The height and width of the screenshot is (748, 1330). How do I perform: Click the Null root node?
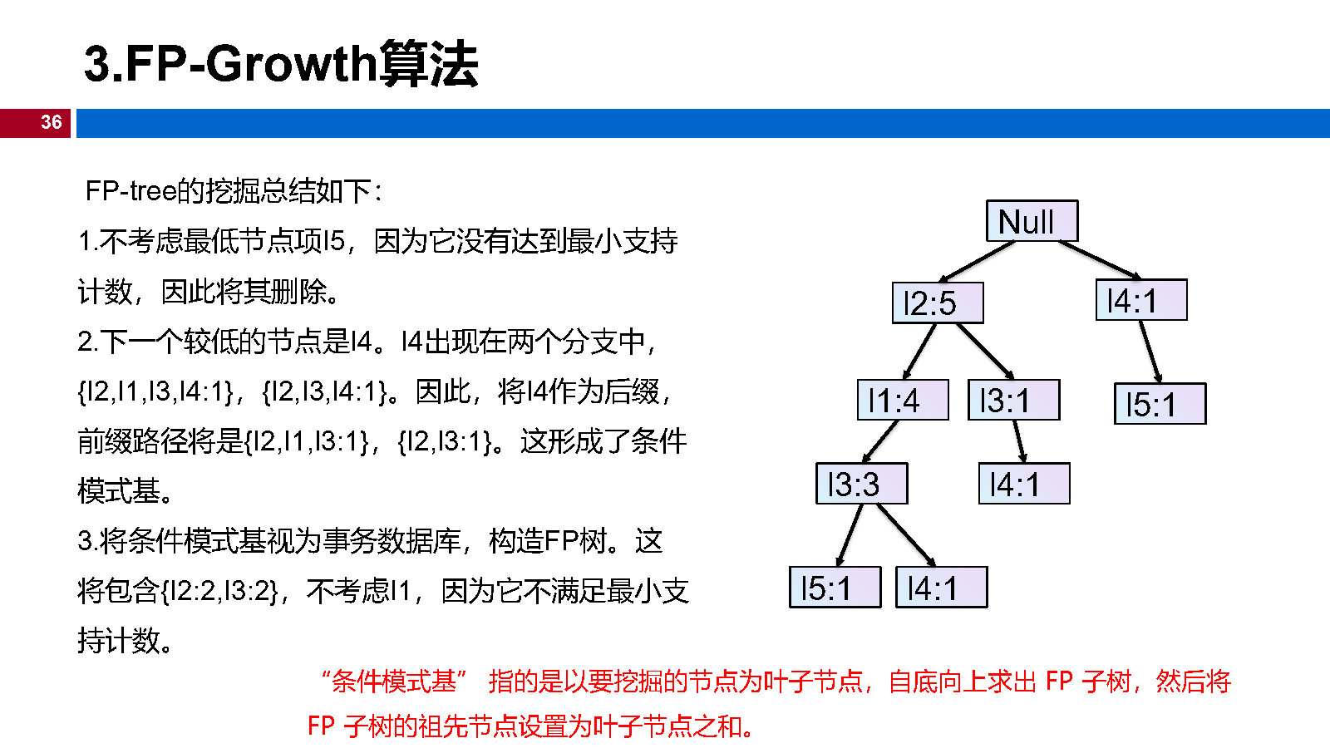pos(1032,221)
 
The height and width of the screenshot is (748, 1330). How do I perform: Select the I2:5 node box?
pos(938,303)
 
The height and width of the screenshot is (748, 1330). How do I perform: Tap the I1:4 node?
pos(903,400)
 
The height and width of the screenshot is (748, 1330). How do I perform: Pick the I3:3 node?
pos(861,484)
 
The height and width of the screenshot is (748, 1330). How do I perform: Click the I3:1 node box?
pos(1013,400)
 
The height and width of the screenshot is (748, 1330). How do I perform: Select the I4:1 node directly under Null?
pos(1140,300)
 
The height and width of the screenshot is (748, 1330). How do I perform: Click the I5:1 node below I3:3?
pos(835,588)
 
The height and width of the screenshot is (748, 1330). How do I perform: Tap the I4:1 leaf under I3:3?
pos(941,588)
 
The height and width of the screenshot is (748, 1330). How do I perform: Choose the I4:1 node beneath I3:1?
pos(1023,484)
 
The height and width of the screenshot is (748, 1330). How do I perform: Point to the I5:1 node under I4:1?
pos(1160,404)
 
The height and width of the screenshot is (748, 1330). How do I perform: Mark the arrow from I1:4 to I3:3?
pos(881,441)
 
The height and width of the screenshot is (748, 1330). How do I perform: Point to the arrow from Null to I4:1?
pos(1100,260)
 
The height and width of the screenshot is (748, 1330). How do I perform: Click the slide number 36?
pos(51,122)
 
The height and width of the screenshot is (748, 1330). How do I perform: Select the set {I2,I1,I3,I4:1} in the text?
pos(155,391)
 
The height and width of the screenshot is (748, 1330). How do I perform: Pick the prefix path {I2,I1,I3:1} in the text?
pos(306,440)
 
